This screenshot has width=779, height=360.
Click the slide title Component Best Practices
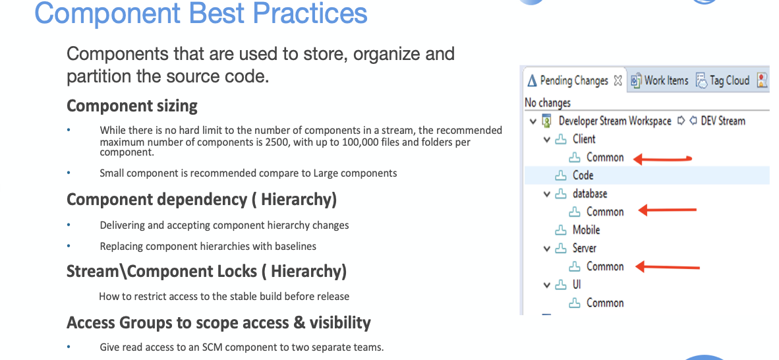[201, 13]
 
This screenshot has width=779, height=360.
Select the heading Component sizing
[132, 105]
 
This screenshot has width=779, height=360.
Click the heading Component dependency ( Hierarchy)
[202, 199]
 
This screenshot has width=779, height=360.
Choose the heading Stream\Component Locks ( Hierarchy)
[206, 271]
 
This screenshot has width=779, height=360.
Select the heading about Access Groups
[218, 322]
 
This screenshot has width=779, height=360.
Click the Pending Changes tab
[573, 80]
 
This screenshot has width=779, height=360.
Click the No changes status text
[548, 103]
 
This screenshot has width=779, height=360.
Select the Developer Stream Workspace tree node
[614, 121]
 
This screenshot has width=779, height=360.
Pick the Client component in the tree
[583, 139]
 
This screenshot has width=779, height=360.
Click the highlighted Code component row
[583, 175]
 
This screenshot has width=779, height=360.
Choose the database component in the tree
[589, 194]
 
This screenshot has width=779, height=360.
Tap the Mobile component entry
[586, 230]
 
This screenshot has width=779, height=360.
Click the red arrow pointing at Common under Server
[667, 267]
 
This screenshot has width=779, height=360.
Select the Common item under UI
[604, 303]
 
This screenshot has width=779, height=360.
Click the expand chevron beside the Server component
[546, 249]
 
